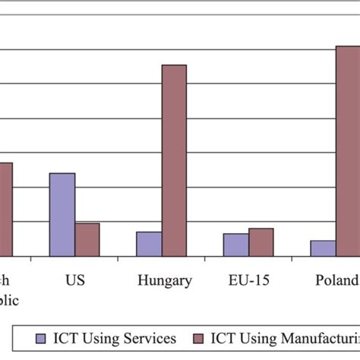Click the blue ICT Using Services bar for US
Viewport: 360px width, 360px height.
click(x=62, y=215)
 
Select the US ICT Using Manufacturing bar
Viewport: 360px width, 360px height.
click(x=87, y=239)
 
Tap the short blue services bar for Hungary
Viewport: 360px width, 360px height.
click(x=149, y=244)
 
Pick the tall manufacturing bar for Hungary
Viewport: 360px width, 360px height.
click(x=174, y=160)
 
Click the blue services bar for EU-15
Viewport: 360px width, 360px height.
click(x=235, y=245)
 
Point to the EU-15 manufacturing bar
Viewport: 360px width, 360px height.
click(x=261, y=242)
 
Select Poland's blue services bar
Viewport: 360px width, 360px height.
click(x=323, y=248)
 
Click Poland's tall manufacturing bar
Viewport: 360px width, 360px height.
click(x=348, y=151)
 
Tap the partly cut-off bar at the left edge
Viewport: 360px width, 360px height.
click(x=5, y=210)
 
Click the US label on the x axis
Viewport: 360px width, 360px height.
click(x=74, y=280)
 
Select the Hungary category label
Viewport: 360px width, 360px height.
click(x=165, y=281)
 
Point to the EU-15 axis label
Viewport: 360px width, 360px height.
click(x=248, y=280)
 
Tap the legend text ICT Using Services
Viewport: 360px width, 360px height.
click(x=114, y=337)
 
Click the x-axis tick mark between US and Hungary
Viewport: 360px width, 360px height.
click(x=118, y=260)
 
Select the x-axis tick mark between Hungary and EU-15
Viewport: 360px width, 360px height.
click(x=205, y=260)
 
